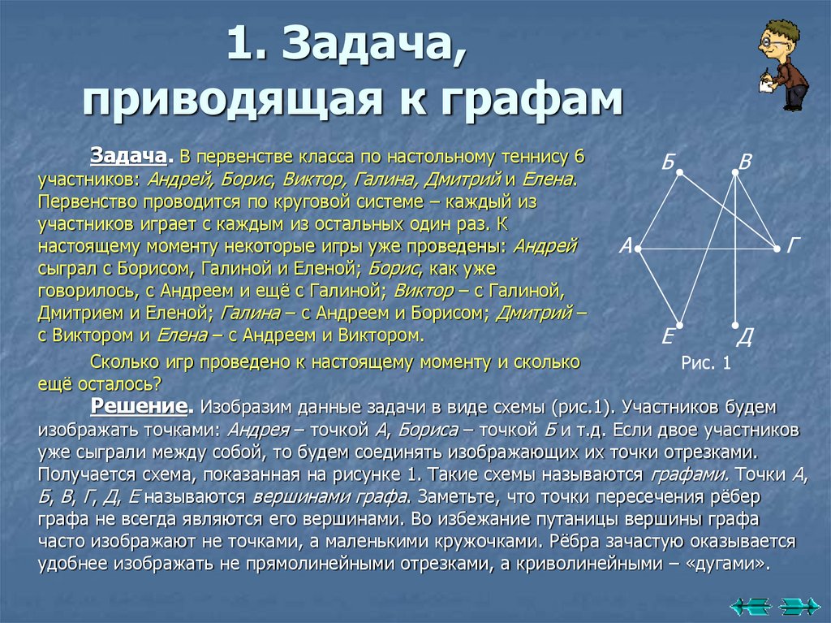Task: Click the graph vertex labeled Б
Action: point(680,171)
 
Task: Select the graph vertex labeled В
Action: point(735,171)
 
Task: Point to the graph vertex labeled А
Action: point(639,247)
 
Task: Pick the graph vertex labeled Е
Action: point(680,325)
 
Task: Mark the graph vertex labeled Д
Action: point(735,325)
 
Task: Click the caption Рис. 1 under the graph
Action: point(707,364)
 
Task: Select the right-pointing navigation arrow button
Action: point(799,604)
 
